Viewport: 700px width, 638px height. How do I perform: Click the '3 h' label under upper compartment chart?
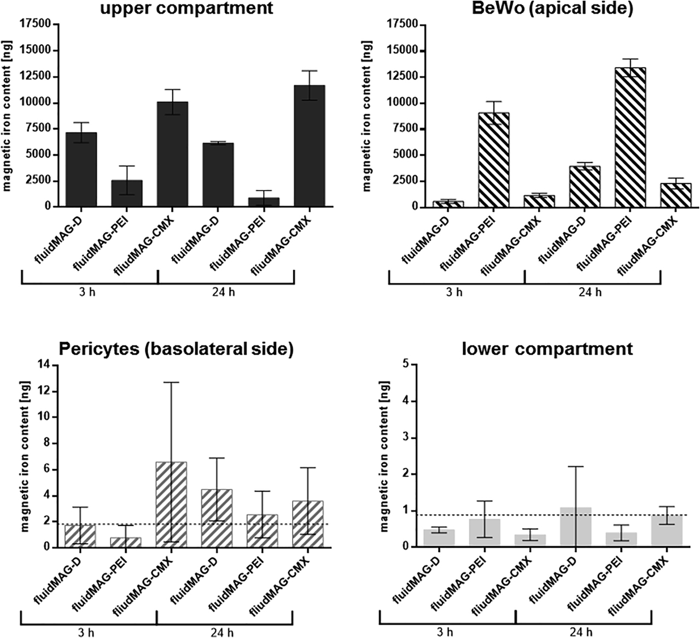coord(89,291)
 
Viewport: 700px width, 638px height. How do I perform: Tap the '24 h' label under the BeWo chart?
coord(592,291)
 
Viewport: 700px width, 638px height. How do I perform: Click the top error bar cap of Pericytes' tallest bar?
coord(171,382)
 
